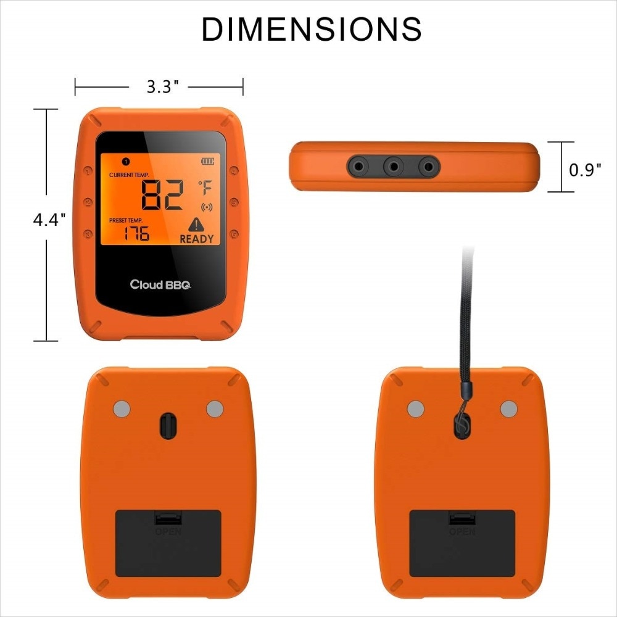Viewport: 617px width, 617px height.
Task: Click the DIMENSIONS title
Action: pos(312,30)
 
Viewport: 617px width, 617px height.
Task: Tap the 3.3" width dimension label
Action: pos(162,87)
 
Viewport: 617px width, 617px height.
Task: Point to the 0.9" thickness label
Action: pos(585,170)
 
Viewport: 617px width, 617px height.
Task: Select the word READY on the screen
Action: pos(196,239)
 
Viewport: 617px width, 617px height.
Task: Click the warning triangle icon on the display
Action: pos(196,224)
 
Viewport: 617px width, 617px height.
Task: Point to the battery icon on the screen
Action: pos(208,161)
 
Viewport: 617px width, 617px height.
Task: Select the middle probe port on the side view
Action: pos(393,165)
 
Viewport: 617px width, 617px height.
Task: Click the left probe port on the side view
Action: pos(358,165)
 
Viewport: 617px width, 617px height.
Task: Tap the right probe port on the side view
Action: pos(428,165)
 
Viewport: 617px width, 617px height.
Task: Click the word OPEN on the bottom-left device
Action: pos(168,532)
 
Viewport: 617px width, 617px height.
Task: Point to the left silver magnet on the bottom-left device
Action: pos(122,408)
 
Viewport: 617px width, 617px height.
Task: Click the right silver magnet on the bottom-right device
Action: pos(508,408)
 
